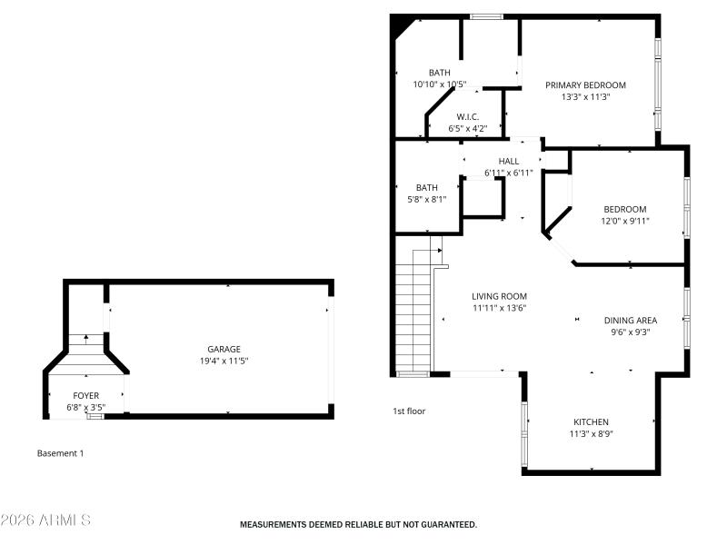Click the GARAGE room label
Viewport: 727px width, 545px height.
pyautogui.click(x=224, y=349)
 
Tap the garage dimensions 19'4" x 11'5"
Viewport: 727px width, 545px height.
pyautogui.click(x=224, y=361)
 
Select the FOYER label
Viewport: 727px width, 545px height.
pyautogui.click(x=86, y=396)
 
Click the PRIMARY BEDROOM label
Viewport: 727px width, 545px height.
pyautogui.click(x=585, y=85)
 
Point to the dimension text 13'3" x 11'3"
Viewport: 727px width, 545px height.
pyautogui.click(x=585, y=97)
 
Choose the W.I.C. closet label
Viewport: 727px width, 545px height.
pyautogui.click(x=468, y=116)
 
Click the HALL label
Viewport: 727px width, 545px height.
pyautogui.click(x=508, y=161)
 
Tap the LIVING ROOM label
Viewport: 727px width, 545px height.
pyautogui.click(x=499, y=296)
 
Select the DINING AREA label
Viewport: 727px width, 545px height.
pyautogui.click(x=630, y=320)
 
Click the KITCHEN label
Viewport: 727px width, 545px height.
pyautogui.click(x=591, y=421)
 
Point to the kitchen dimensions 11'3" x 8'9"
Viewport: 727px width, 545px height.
pyautogui.click(x=591, y=433)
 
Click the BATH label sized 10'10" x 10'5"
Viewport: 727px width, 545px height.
pyautogui.click(x=440, y=73)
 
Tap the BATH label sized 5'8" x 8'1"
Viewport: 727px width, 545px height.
pyautogui.click(x=427, y=188)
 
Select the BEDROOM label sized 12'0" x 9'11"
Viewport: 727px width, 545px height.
pyautogui.click(x=624, y=209)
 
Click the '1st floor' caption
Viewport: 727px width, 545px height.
pyautogui.click(x=408, y=411)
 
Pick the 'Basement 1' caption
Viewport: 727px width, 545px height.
pyautogui.click(x=60, y=452)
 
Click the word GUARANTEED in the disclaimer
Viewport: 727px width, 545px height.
pyautogui.click(x=443, y=524)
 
